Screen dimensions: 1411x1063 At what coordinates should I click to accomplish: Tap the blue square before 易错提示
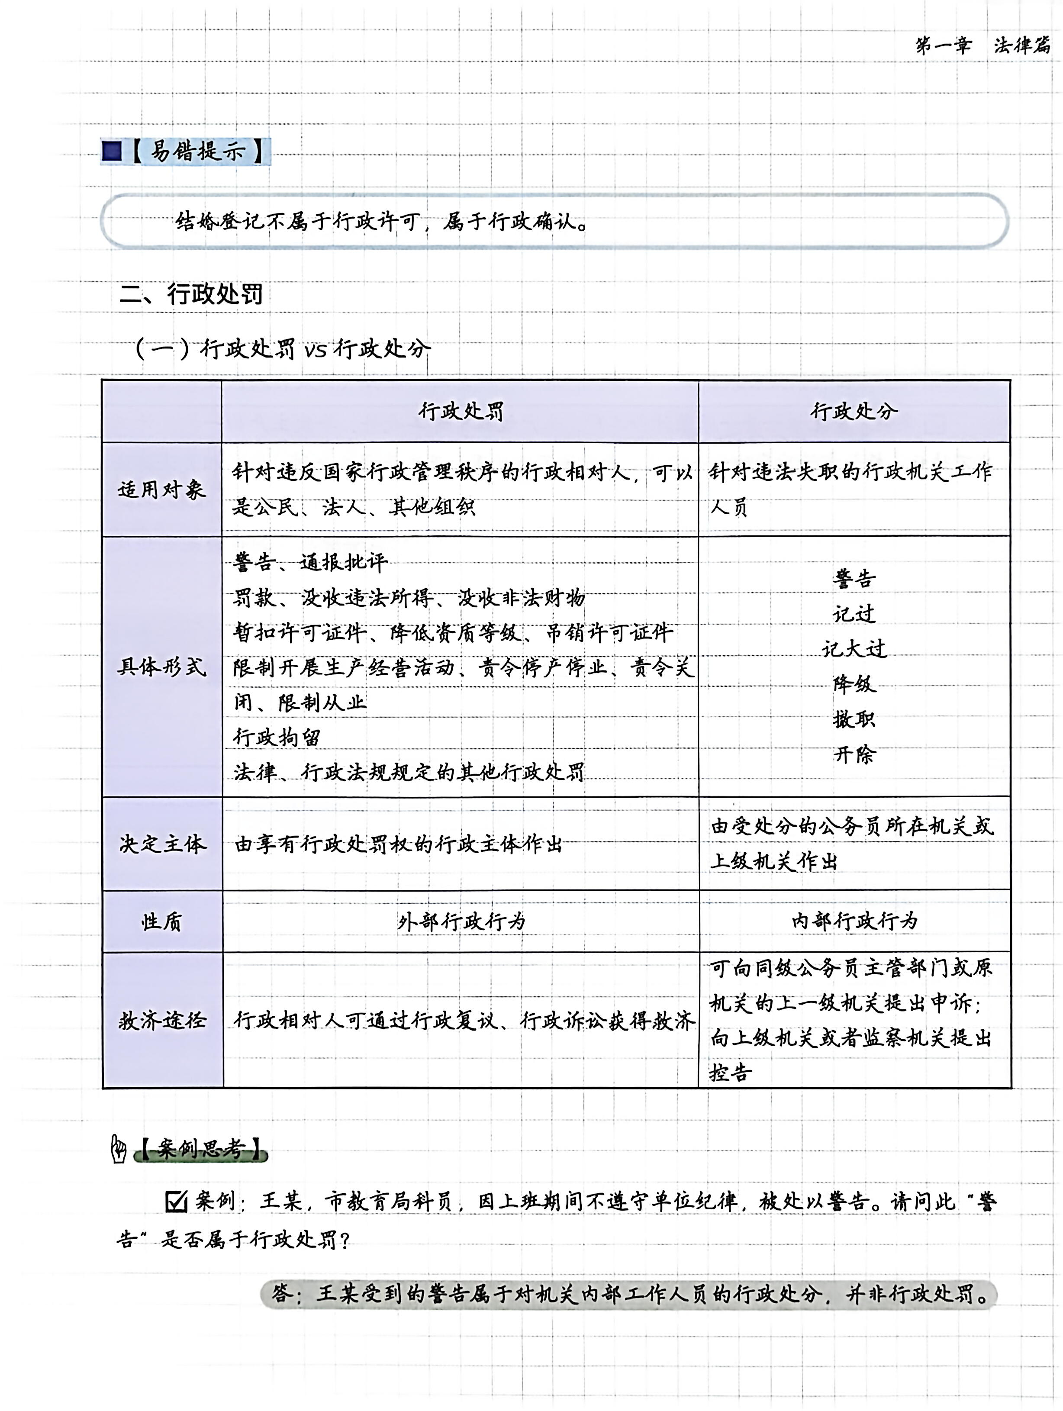pyautogui.click(x=112, y=152)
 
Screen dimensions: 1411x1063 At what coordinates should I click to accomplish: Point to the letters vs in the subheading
pyautogui.click(x=315, y=350)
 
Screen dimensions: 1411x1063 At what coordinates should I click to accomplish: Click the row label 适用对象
pyautogui.click(x=161, y=489)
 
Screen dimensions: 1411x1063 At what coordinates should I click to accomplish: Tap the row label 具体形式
pyautogui.click(x=161, y=667)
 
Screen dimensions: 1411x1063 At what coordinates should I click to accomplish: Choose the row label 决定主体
pyautogui.click(x=163, y=844)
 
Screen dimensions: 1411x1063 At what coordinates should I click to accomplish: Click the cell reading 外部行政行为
pyautogui.click(x=461, y=921)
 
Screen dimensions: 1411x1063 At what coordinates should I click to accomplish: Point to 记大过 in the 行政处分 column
pyautogui.click(x=854, y=649)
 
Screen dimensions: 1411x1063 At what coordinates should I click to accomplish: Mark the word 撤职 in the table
pyautogui.click(x=854, y=719)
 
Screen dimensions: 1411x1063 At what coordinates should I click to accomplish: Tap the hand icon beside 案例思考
pyautogui.click(x=119, y=1149)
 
